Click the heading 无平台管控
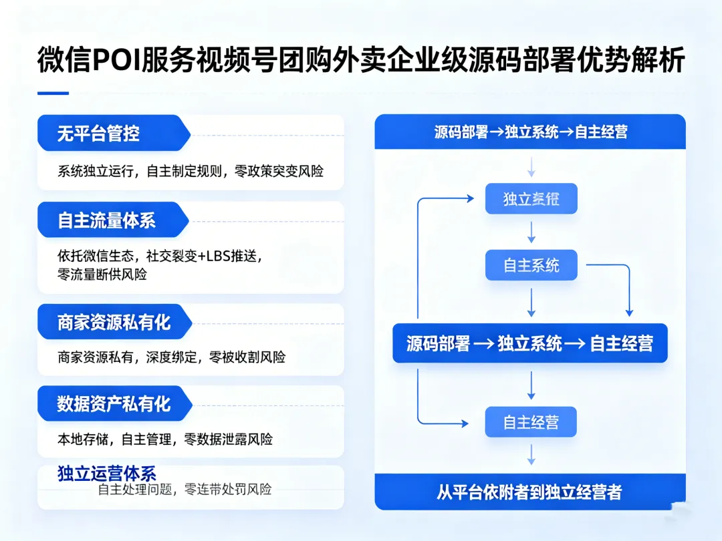pos(98,134)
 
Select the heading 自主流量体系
pos(107,220)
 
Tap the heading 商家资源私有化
pos(114,323)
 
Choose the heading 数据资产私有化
pos(114,404)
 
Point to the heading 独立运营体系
pos(107,474)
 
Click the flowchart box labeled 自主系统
pos(531,266)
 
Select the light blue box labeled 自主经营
pos(531,422)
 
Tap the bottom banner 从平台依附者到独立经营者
pos(529,492)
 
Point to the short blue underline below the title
pos(53,94)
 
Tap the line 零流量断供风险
pos(102,274)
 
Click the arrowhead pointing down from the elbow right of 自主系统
pos(628,312)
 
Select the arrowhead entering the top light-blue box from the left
pos(471,198)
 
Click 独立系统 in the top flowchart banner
pos(531,132)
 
